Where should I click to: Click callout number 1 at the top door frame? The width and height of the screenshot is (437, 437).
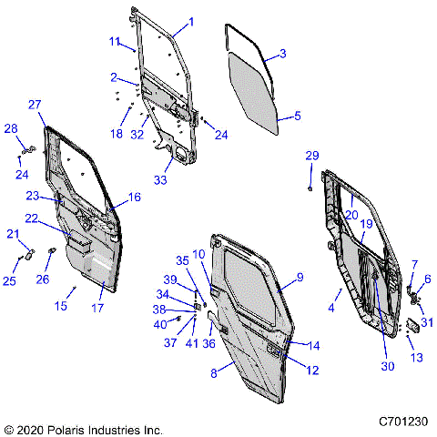click(191, 20)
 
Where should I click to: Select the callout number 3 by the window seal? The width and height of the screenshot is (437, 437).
click(281, 55)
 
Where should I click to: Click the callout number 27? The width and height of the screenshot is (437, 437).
click(35, 105)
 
